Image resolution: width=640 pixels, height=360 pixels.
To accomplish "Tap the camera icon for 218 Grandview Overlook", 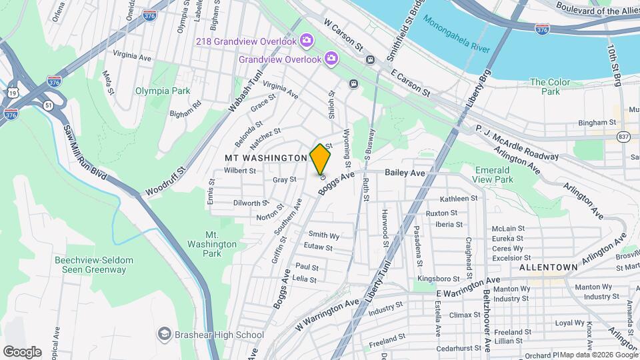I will [x=306, y=41].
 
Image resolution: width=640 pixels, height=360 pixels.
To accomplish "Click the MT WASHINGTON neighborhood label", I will [x=265, y=157].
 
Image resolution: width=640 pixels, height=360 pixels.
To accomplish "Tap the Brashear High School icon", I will [x=164, y=334].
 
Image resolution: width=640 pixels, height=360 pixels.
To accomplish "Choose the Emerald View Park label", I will [x=493, y=175].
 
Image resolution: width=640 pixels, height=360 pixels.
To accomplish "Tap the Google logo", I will [x=22, y=351].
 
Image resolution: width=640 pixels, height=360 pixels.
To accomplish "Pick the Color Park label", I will [x=550, y=87].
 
